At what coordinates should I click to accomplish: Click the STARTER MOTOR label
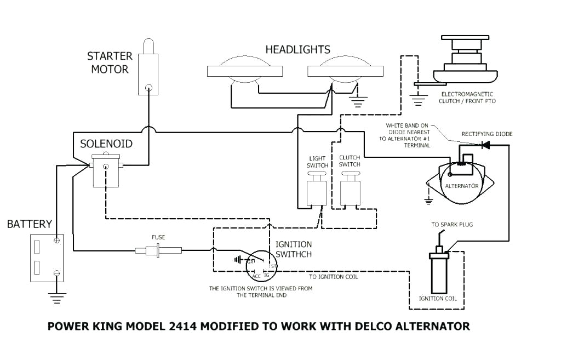tap(110, 62)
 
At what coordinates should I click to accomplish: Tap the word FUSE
tap(158, 237)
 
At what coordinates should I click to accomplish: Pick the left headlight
tap(245, 71)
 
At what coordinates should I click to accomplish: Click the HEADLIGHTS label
tap(298, 50)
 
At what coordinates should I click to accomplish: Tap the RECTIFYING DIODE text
tap(487, 134)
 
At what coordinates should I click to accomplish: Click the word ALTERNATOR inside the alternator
tap(461, 186)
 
